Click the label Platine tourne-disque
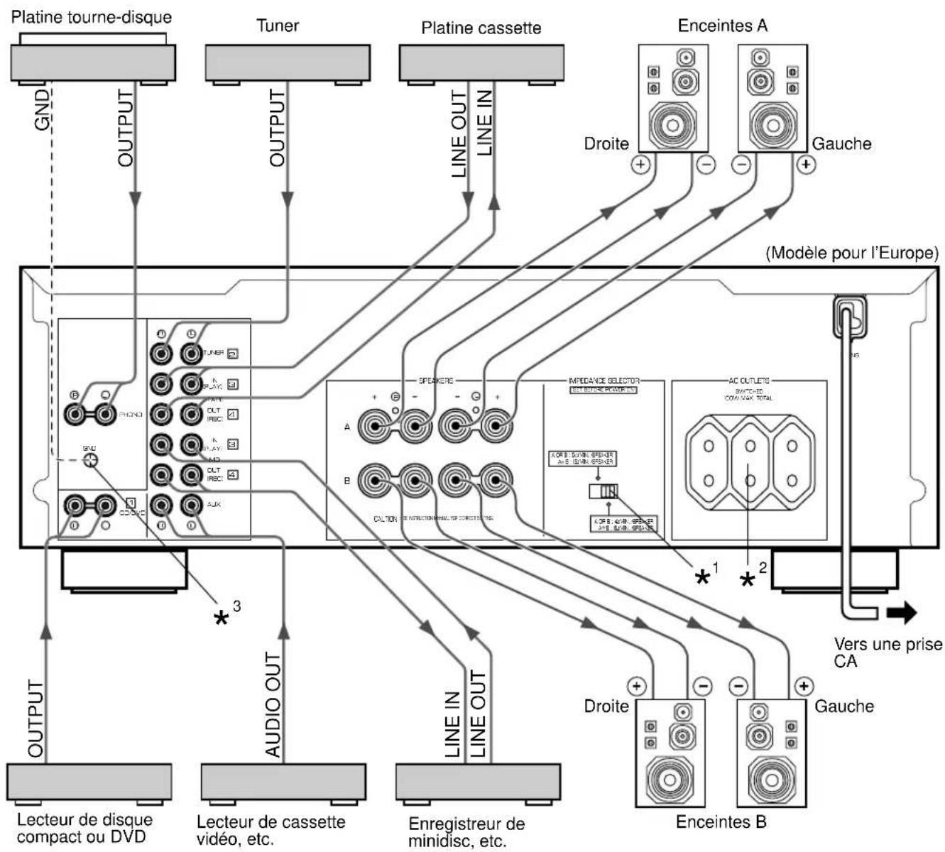coord(92,15)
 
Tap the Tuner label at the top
coord(278,26)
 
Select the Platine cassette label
coord(481,28)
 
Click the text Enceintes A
coord(722,26)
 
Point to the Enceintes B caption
coord(721,822)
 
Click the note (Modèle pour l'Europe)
coord(852,252)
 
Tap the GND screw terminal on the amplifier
coord(90,460)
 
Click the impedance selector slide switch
coord(603,491)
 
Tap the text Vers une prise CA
coord(888,652)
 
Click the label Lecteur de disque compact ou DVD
coord(84,828)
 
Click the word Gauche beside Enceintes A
coord(841,144)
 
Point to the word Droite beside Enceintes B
coord(606,706)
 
